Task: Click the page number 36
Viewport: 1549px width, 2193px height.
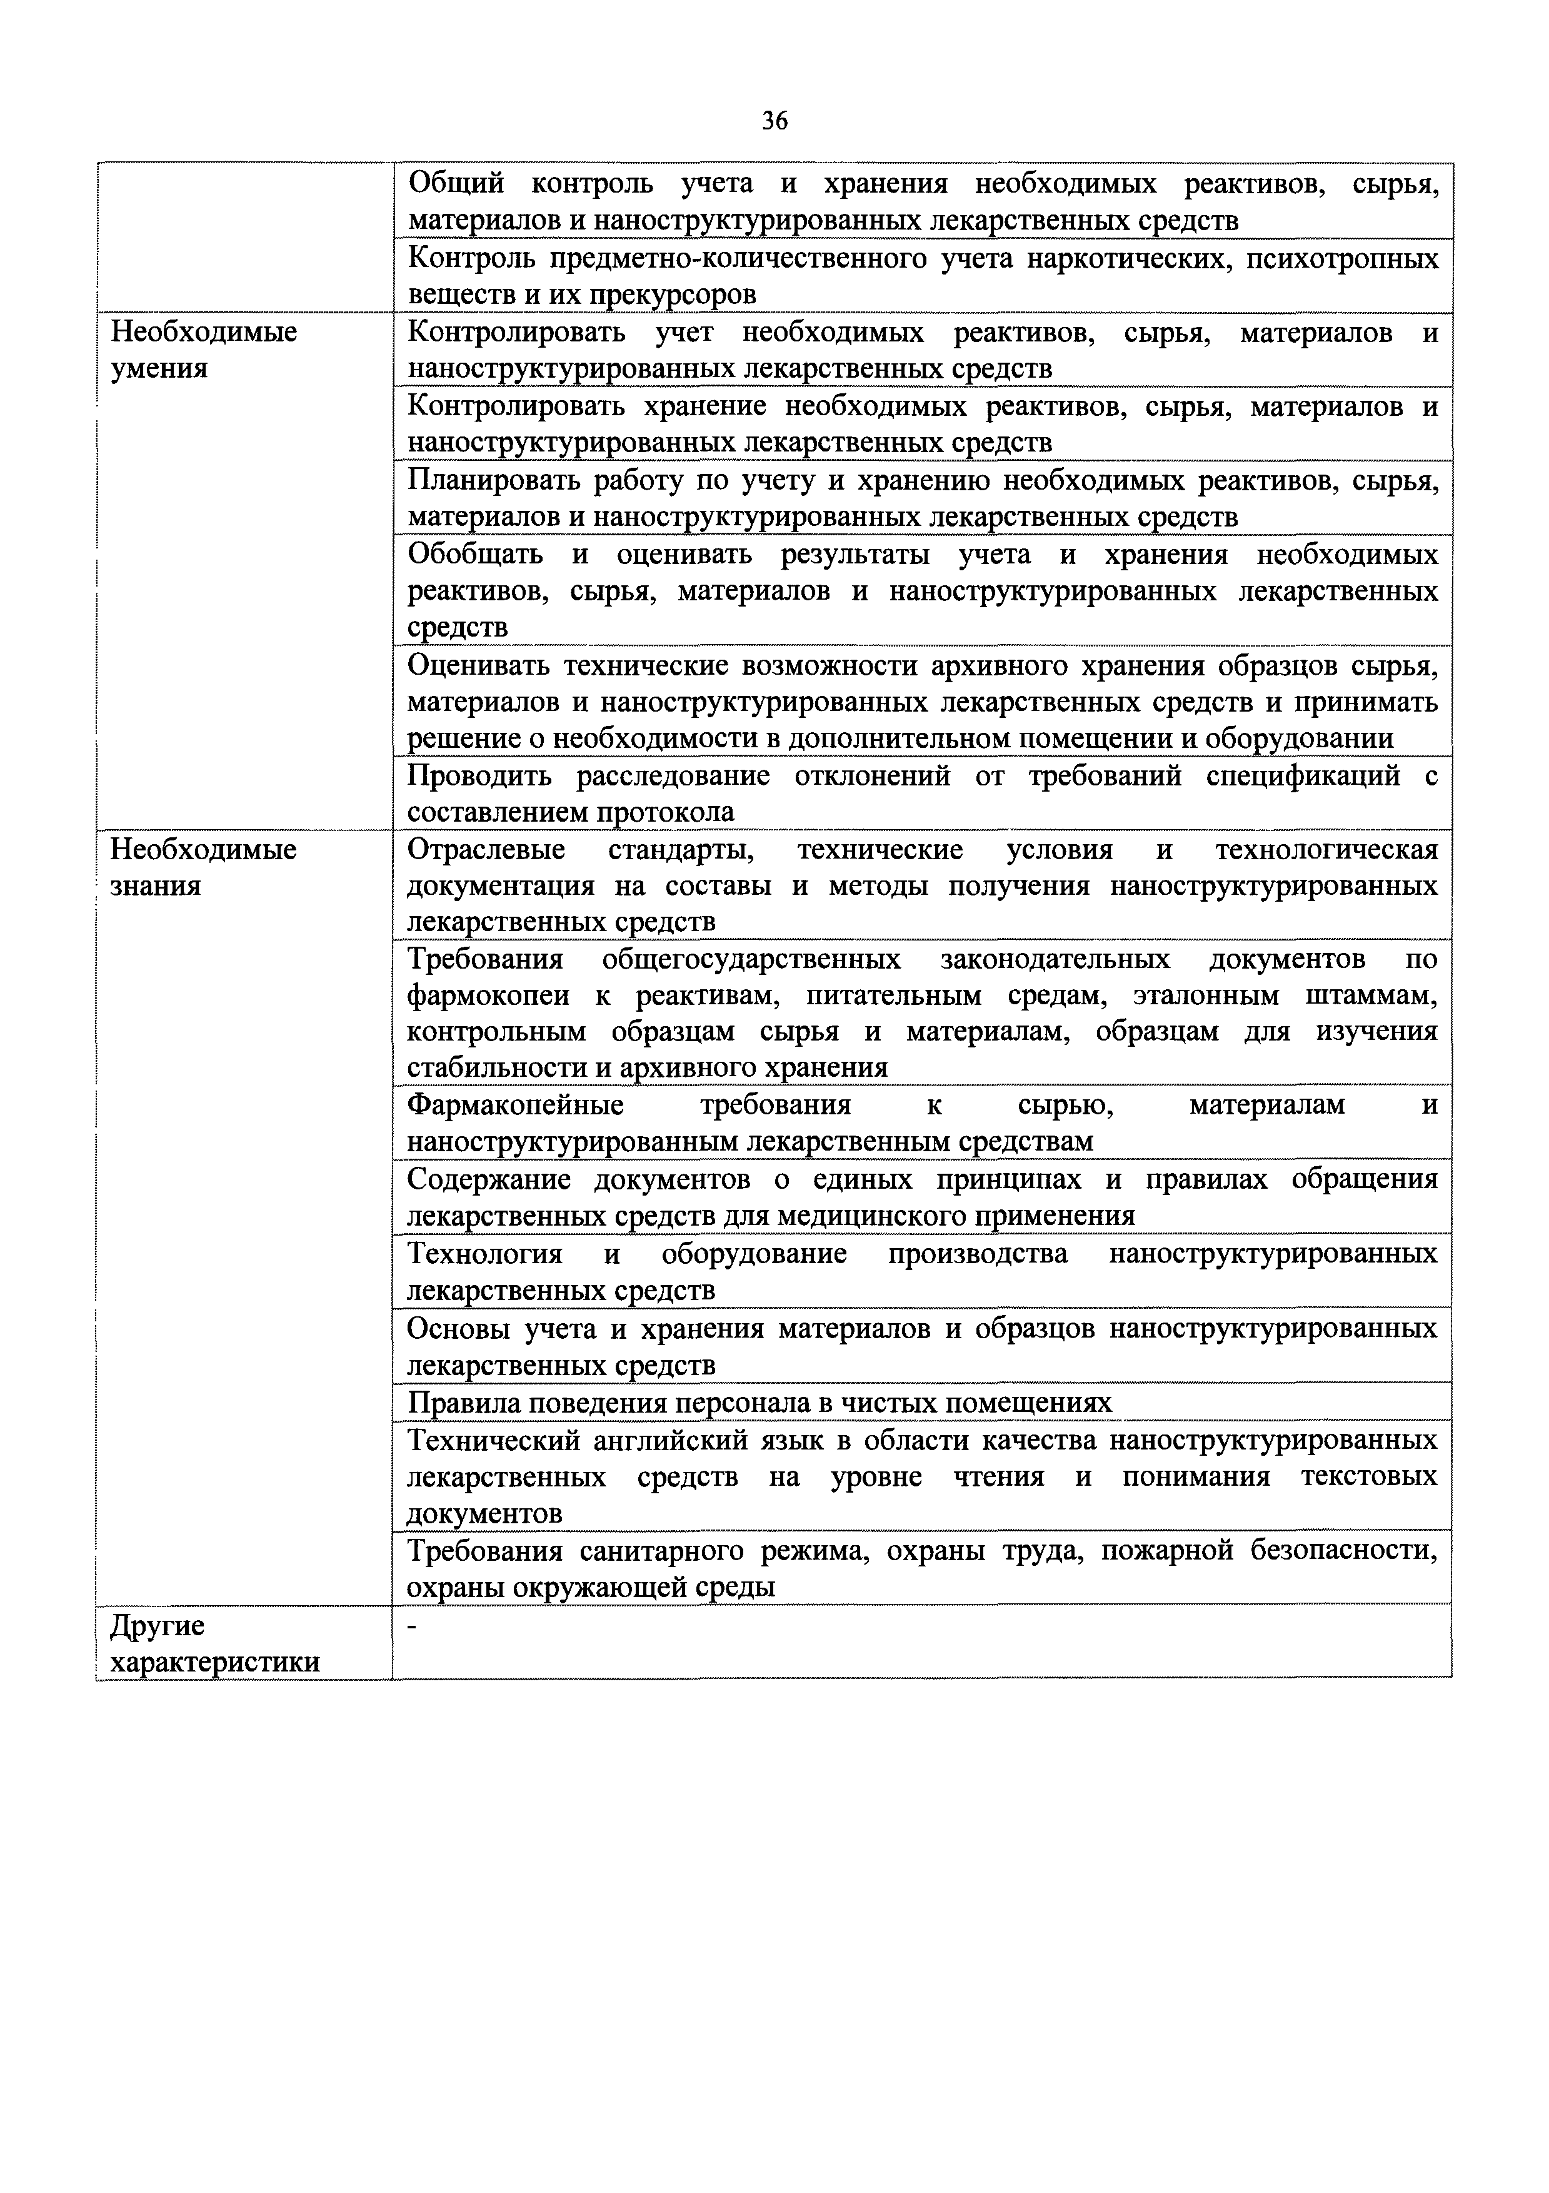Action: [x=774, y=120]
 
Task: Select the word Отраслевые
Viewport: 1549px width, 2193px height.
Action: [x=485, y=849]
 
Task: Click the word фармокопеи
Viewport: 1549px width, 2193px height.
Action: [x=488, y=996]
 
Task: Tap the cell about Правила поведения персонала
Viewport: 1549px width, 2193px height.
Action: [x=759, y=1402]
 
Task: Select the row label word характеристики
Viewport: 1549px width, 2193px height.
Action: [x=215, y=1663]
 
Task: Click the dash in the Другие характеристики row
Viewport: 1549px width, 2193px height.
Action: [x=413, y=1626]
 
